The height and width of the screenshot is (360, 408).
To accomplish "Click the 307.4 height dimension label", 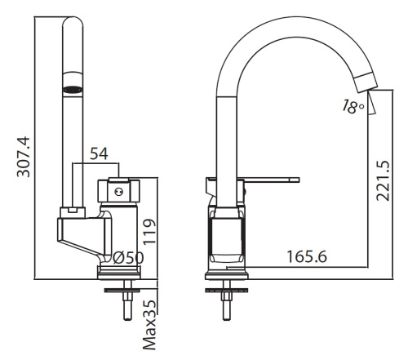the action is (24, 157).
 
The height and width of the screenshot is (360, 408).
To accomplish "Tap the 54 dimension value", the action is (99, 153).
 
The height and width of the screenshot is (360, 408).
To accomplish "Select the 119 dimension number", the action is (150, 232).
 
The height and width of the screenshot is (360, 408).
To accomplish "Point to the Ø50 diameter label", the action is (128, 257).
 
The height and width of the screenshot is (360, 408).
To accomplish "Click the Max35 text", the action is (150, 325).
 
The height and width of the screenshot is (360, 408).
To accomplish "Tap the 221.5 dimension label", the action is (383, 181).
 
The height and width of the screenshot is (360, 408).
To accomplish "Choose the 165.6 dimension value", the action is (307, 256).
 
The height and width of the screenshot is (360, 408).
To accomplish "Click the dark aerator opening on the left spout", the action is (73, 89).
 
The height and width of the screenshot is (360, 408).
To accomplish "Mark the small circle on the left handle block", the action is (118, 192).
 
